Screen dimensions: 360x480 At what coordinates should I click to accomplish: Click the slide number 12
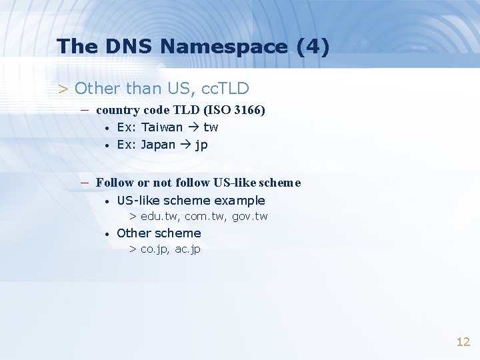[x=463, y=342]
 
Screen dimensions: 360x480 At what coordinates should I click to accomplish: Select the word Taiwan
[x=161, y=127]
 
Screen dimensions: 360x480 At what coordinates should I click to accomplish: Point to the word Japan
[x=158, y=145]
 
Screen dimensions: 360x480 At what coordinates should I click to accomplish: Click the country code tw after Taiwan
[x=211, y=127]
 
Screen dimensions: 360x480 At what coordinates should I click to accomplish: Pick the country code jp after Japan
[x=201, y=145]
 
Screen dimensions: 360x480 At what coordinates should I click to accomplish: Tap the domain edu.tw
[x=159, y=217]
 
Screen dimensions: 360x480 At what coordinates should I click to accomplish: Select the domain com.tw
[x=203, y=217]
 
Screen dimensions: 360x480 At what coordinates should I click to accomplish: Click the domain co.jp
[x=154, y=249]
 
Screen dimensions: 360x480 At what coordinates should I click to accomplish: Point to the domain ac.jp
[x=187, y=249]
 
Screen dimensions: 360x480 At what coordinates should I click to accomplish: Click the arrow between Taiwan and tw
[x=193, y=127]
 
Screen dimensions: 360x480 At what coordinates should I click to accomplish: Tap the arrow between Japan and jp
[x=185, y=145]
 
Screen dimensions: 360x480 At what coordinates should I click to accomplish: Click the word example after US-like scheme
[x=239, y=201]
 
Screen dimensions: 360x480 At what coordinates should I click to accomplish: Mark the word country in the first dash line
[x=117, y=110]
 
